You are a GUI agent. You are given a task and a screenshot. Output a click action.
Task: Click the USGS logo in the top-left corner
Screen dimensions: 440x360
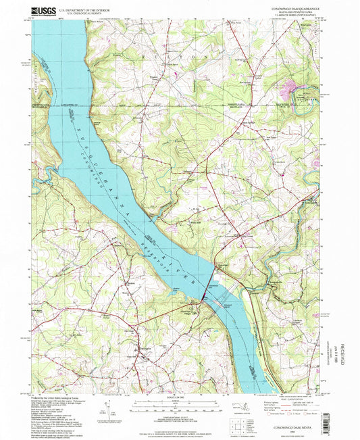pyautogui.click(x=43, y=11)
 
